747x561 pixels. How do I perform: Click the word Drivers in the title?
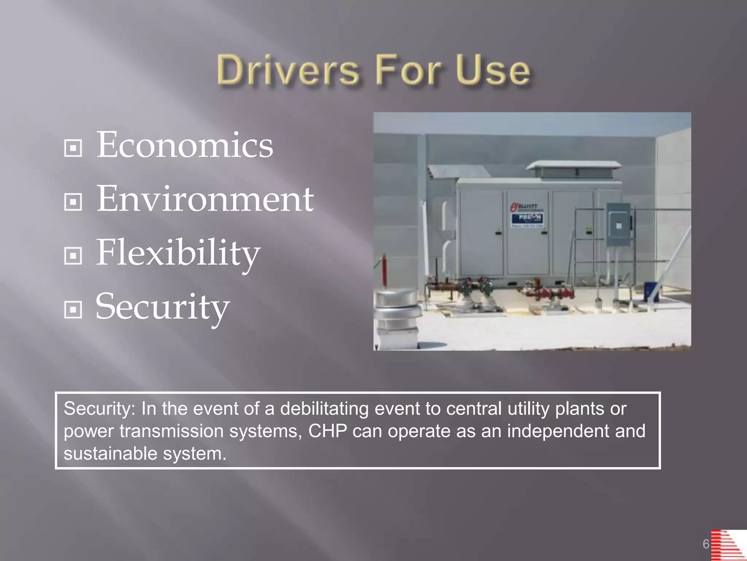pos(288,70)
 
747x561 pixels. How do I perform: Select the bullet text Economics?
pos(185,145)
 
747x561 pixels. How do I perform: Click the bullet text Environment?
pos(205,199)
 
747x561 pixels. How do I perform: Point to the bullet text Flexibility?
pos(178,253)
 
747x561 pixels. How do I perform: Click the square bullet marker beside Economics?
pos(73,148)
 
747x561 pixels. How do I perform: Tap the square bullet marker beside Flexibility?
pos(73,256)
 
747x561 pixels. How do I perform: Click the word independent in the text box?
pos(558,431)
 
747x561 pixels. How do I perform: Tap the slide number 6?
pos(706,544)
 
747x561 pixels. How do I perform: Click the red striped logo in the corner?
pos(728,545)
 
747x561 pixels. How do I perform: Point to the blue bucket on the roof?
pos(651,291)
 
